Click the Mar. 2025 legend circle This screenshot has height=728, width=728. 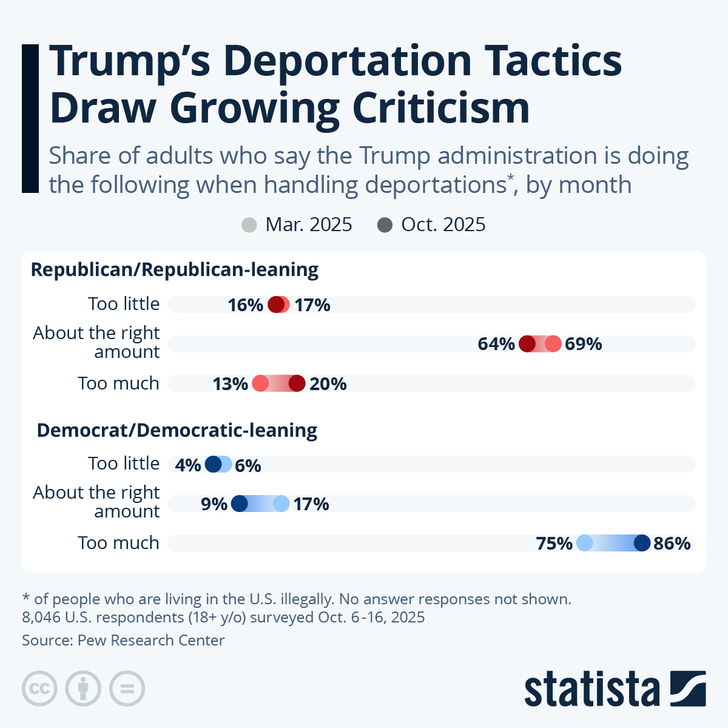pyautogui.click(x=249, y=225)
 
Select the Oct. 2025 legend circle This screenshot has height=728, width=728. pyautogui.click(x=385, y=225)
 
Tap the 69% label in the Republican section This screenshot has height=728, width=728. pyautogui.click(x=583, y=344)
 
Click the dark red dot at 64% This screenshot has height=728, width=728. pyautogui.click(x=527, y=344)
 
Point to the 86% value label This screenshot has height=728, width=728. pyautogui.click(x=672, y=543)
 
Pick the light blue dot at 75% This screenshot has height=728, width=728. pyautogui.click(x=584, y=543)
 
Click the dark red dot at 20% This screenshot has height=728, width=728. pyautogui.click(x=297, y=383)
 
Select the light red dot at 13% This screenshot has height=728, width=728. pyautogui.click(x=260, y=383)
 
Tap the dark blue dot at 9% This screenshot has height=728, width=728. pyautogui.click(x=240, y=504)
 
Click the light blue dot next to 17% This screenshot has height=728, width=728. pyautogui.click(x=281, y=504)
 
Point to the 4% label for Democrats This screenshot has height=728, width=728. pyautogui.click(x=187, y=465)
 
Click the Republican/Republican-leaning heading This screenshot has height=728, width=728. pyautogui.click(x=175, y=269)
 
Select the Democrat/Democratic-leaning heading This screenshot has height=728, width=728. pyautogui.click(x=177, y=430)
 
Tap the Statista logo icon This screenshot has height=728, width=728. pyautogui.click(x=688, y=688)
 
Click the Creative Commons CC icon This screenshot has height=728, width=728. pyautogui.click(x=39, y=689)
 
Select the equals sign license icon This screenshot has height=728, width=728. pyautogui.click(x=127, y=689)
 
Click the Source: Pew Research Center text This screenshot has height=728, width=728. pyautogui.click(x=123, y=640)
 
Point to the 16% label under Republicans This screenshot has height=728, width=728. pyautogui.click(x=245, y=305)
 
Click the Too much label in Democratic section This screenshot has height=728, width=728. pyautogui.click(x=118, y=543)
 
